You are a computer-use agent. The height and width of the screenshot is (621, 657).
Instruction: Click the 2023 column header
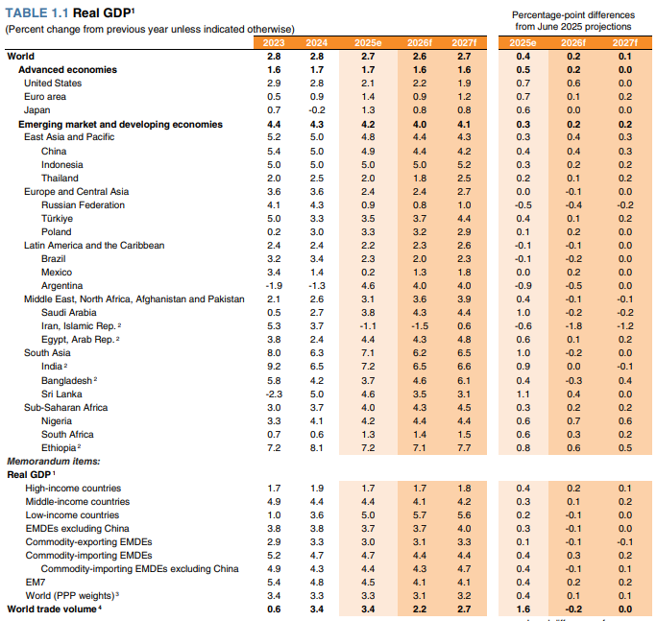pyautogui.click(x=275, y=43)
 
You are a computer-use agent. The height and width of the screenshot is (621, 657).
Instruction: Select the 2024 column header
pyautogui.click(x=316, y=43)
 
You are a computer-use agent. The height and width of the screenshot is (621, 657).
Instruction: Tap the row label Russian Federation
pyautogui.click(x=85, y=204)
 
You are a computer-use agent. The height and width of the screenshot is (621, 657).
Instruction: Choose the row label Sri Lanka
pyautogui.click(x=61, y=394)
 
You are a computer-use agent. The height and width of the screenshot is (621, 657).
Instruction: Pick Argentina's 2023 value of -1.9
pyautogui.click(x=274, y=285)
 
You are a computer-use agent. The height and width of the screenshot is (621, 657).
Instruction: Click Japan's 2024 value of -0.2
pyautogui.click(x=315, y=110)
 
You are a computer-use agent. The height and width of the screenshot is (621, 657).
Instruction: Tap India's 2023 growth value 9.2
pyautogui.click(x=274, y=367)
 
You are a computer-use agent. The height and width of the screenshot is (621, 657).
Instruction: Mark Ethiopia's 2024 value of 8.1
pyautogui.click(x=316, y=447)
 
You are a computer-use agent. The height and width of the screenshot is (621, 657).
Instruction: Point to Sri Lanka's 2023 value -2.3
pyautogui.click(x=274, y=394)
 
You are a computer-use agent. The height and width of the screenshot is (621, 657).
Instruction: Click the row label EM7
pyautogui.click(x=36, y=582)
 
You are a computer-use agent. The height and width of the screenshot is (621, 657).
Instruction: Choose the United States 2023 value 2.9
pyautogui.click(x=274, y=84)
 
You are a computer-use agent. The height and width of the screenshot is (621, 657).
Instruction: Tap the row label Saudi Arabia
pyautogui.click(x=70, y=312)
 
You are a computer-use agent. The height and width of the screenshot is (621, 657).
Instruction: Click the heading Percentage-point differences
pyautogui.click(x=573, y=15)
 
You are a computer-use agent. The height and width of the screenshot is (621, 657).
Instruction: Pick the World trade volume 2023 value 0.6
pyautogui.click(x=274, y=609)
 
